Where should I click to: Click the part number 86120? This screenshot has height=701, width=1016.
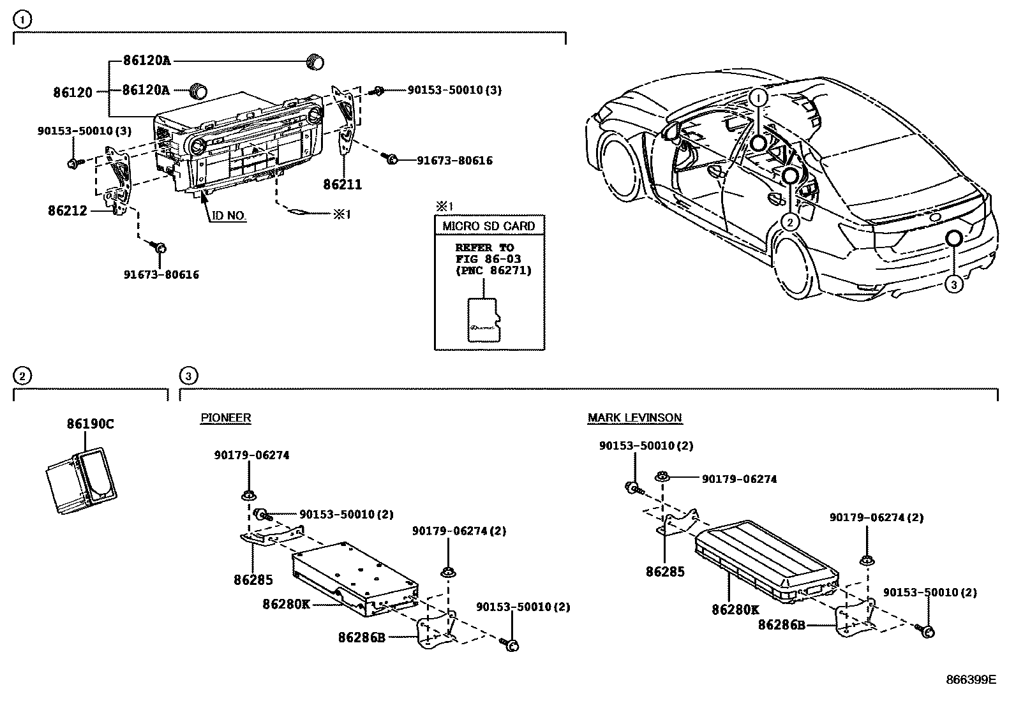[73, 92]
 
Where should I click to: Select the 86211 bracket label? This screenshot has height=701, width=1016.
[342, 185]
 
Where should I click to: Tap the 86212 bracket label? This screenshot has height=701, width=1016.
[67, 210]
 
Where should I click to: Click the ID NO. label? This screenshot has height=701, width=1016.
[228, 216]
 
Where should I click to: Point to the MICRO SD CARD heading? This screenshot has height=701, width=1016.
[489, 226]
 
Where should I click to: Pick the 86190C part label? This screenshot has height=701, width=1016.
[91, 424]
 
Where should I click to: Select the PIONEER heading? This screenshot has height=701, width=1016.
[225, 418]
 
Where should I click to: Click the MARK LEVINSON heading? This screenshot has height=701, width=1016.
[634, 418]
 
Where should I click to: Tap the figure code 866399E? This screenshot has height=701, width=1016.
[971, 680]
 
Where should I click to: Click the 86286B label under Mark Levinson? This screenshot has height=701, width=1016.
[782, 625]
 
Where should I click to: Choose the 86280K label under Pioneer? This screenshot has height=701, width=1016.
[286, 603]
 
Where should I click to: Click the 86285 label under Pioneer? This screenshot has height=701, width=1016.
[253, 580]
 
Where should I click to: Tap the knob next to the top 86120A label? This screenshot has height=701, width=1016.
[315, 61]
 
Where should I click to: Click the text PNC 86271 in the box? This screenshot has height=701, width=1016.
[493, 270]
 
